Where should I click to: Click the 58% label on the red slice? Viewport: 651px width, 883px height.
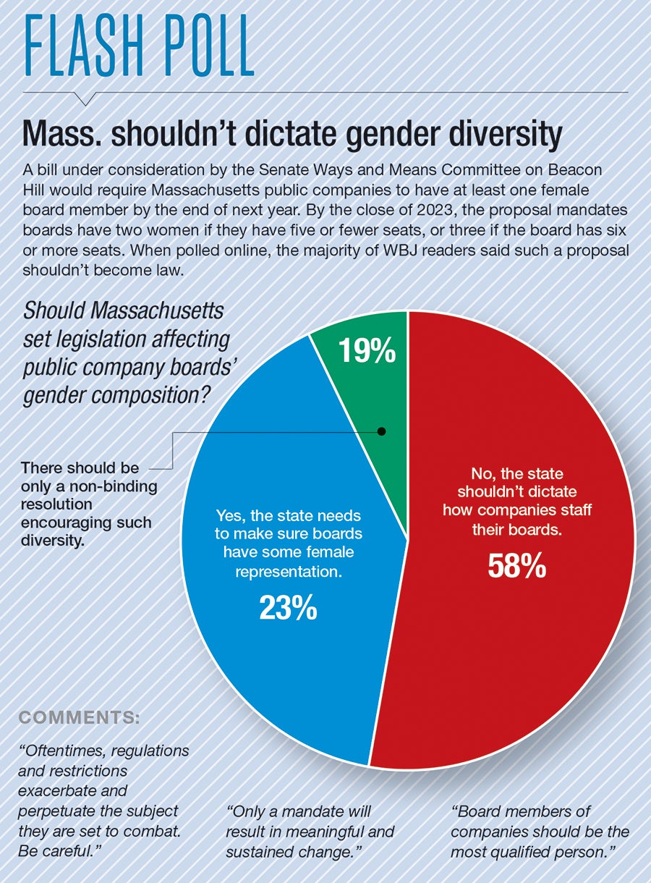[516, 567]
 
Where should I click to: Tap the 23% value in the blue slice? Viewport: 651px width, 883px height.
[288, 608]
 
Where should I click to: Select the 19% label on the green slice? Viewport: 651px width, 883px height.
[367, 352]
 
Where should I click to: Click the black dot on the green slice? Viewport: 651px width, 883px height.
[382, 431]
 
